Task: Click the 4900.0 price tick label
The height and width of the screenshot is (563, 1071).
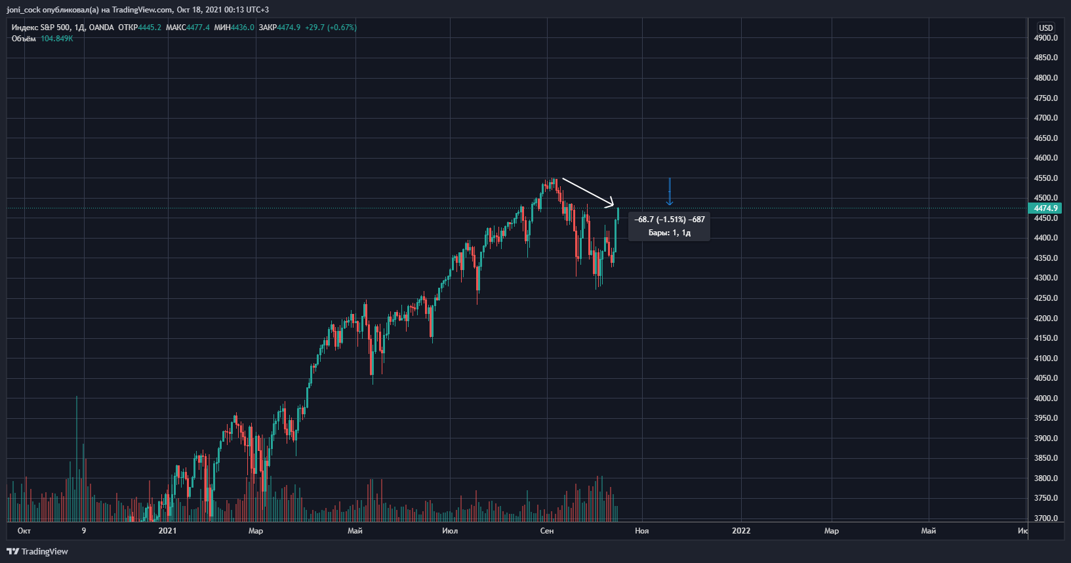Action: click(x=1045, y=38)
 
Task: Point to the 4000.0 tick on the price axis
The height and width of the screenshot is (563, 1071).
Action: click(x=1045, y=398)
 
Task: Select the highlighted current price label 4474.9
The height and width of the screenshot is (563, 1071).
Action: click(x=1045, y=208)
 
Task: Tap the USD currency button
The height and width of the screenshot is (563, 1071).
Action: click(x=1045, y=28)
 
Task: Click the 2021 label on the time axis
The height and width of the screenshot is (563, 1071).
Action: click(x=167, y=531)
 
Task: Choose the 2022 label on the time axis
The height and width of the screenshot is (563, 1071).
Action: click(x=741, y=531)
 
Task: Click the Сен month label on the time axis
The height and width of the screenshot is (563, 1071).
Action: click(x=547, y=531)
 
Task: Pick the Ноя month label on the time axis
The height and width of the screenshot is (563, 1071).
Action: click(x=641, y=531)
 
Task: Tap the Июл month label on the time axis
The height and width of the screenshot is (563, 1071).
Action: click(x=450, y=531)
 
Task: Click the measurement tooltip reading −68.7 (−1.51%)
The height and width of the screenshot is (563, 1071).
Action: click(x=670, y=220)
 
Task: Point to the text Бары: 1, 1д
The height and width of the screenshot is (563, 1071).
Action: click(x=670, y=233)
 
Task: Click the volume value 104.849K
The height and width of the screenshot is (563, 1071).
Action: click(x=57, y=39)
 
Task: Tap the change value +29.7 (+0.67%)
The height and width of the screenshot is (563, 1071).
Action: click(x=331, y=28)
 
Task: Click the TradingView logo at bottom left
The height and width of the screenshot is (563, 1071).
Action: click(x=37, y=551)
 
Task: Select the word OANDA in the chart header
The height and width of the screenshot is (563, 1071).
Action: click(x=101, y=28)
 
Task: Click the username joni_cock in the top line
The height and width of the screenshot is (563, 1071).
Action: click(x=24, y=10)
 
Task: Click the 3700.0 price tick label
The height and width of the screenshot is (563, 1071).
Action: click(x=1045, y=518)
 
